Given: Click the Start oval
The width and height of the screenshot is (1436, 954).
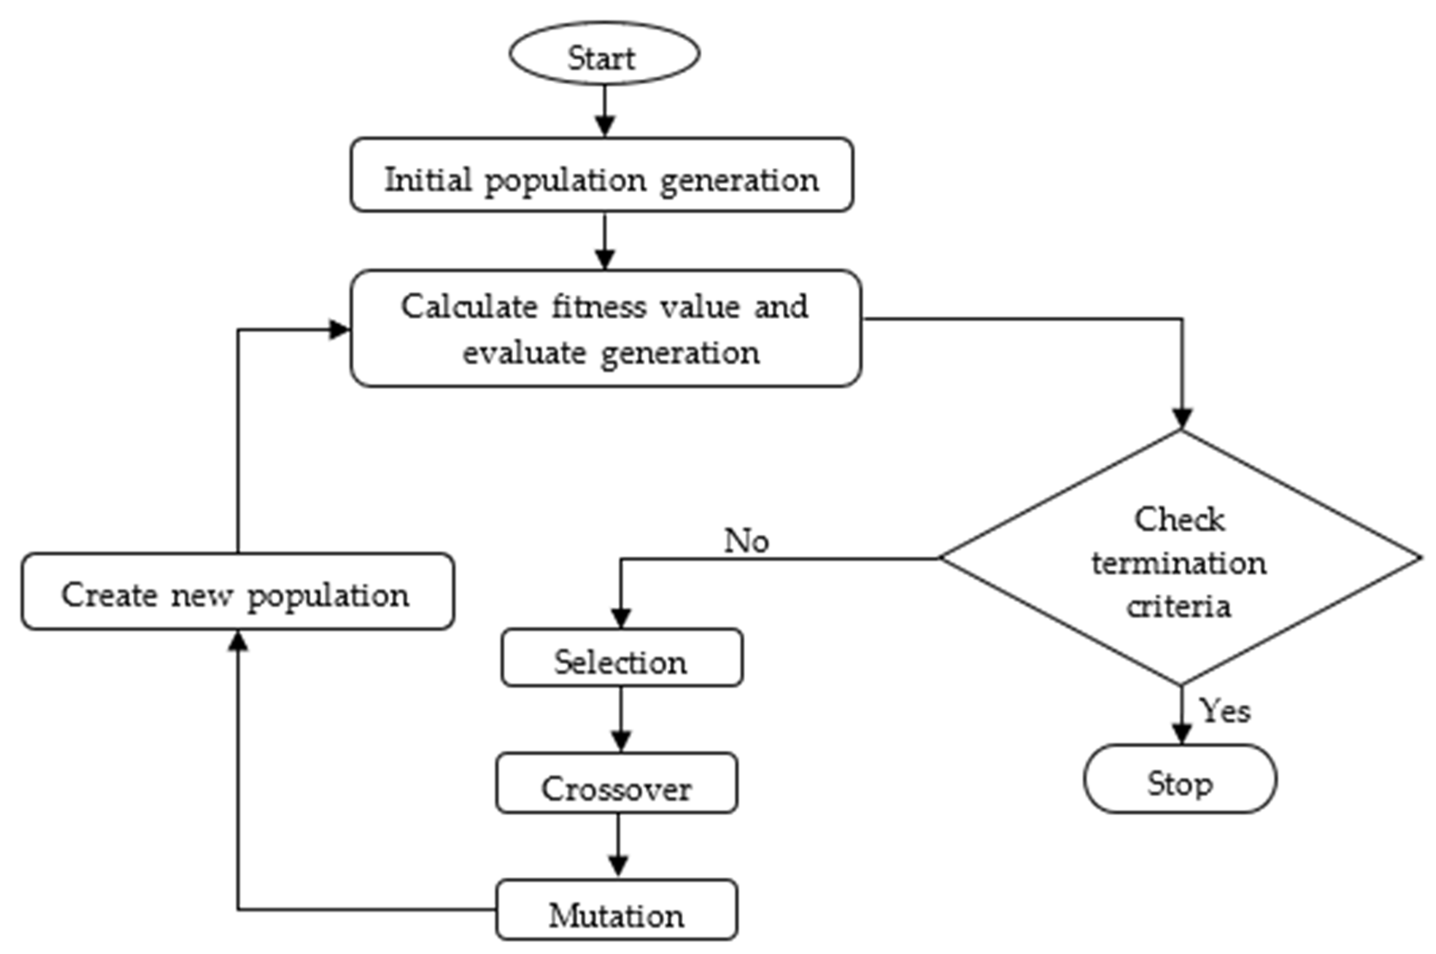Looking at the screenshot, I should point(604,54).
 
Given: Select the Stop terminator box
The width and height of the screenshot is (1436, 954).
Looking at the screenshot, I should point(1179,779).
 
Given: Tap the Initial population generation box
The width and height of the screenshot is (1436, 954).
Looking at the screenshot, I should point(601,175).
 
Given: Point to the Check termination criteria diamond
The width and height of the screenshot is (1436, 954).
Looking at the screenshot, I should point(1180,558).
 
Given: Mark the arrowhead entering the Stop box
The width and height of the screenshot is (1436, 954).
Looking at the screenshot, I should point(1181,734).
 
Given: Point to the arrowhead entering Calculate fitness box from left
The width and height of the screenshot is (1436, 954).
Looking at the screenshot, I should point(339,330).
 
